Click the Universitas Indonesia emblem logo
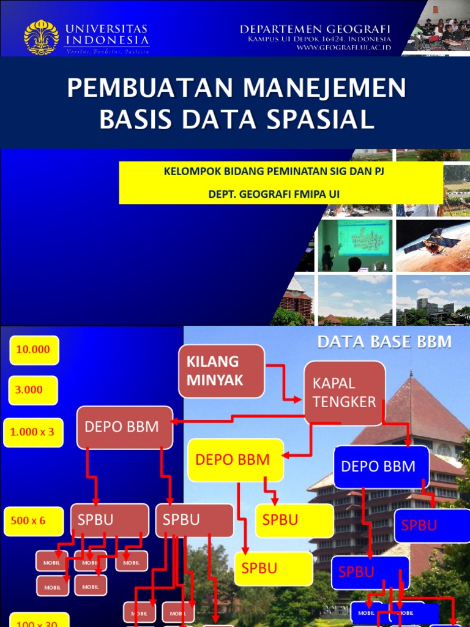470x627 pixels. [41, 37]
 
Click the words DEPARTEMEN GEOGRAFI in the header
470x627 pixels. [315, 29]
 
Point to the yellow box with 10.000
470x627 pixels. [34, 350]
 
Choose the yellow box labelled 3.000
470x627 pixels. [34, 390]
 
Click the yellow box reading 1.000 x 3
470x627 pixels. [33, 432]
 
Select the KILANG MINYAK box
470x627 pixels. [222, 371]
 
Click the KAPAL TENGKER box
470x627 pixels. [345, 392]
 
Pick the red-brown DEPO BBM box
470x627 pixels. [125, 427]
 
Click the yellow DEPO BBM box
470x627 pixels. [236, 460]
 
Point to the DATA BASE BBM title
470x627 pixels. [384, 342]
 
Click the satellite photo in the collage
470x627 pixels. [433, 245]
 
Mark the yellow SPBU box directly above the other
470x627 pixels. [294, 520]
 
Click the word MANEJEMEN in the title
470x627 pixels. [324, 88]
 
